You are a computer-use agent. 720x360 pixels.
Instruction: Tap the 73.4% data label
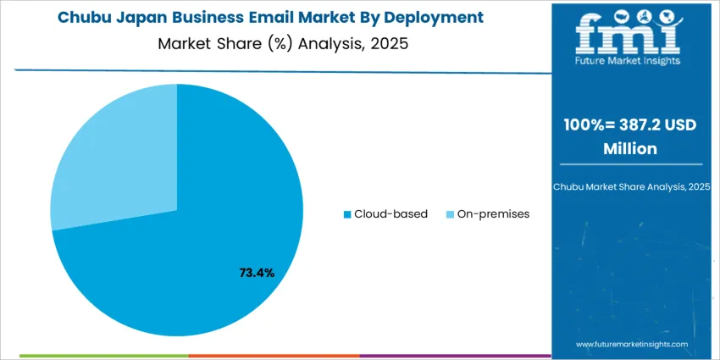pyautogui.click(x=257, y=273)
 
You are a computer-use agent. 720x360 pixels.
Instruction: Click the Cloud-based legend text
pyautogui.click(x=391, y=213)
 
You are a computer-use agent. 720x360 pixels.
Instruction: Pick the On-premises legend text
pyautogui.click(x=493, y=213)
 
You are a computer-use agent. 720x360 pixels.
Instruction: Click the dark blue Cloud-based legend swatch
pyautogui.click(x=347, y=214)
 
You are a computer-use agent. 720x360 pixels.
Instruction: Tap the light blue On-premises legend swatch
pyautogui.click(x=450, y=214)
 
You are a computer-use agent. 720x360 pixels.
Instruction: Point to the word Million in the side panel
pyautogui.click(x=629, y=147)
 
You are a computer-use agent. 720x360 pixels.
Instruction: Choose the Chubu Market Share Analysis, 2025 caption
pyautogui.click(x=632, y=186)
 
